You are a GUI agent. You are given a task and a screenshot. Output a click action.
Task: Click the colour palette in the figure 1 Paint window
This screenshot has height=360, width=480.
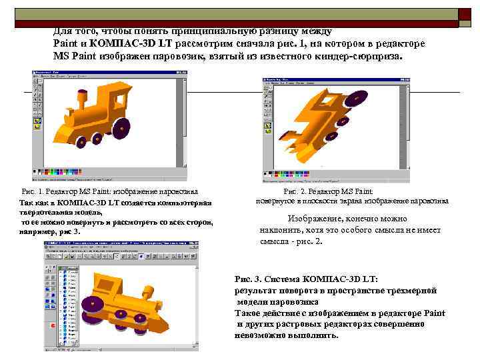coord(67,172)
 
